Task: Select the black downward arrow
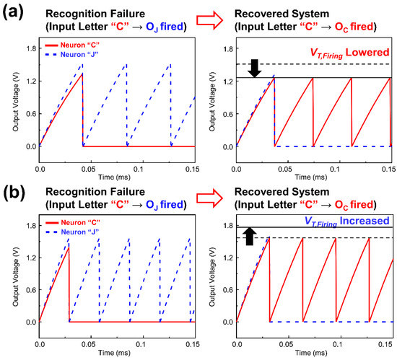254,67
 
